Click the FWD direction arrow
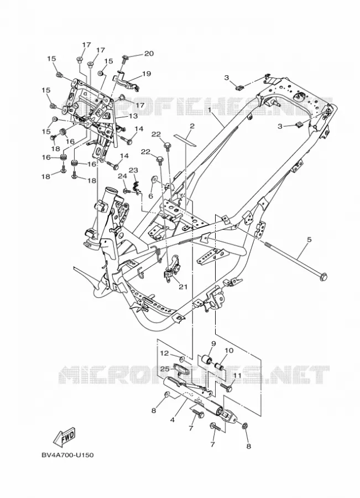(65, 437)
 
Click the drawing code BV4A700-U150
(67, 455)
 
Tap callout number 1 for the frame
(210, 110)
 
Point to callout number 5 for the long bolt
(309, 240)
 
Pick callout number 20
(149, 53)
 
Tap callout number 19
(147, 74)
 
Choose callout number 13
(133, 116)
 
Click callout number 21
(183, 287)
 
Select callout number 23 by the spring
(134, 170)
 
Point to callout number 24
(123, 177)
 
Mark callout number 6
(151, 196)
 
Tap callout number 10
(229, 351)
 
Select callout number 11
(237, 375)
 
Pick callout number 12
(164, 353)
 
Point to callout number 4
(173, 420)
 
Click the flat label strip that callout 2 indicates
(186, 139)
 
